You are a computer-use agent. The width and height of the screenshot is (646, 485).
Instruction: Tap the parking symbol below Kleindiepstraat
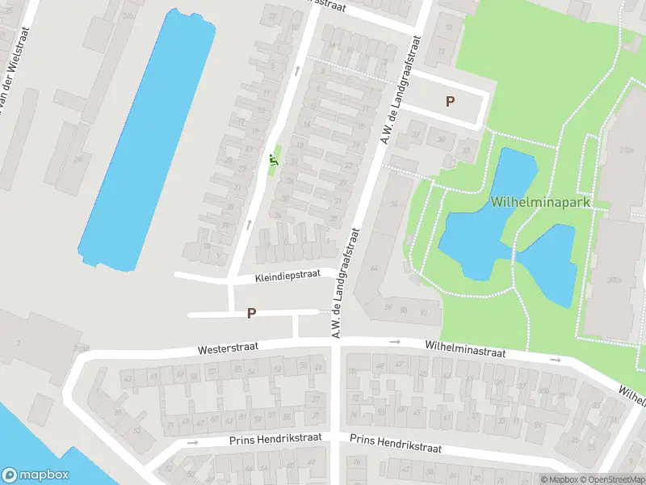(251, 313)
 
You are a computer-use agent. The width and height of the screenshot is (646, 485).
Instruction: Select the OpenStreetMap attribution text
(611, 479)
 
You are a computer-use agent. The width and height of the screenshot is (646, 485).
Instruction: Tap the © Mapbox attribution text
(560, 479)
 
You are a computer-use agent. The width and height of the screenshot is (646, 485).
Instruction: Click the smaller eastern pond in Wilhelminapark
(549, 263)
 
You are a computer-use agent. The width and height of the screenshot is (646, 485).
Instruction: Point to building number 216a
(627, 150)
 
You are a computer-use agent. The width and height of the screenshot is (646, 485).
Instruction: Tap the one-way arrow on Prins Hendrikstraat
(192, 442)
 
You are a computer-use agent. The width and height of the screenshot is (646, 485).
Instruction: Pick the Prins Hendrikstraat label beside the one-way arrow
(275, 438)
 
